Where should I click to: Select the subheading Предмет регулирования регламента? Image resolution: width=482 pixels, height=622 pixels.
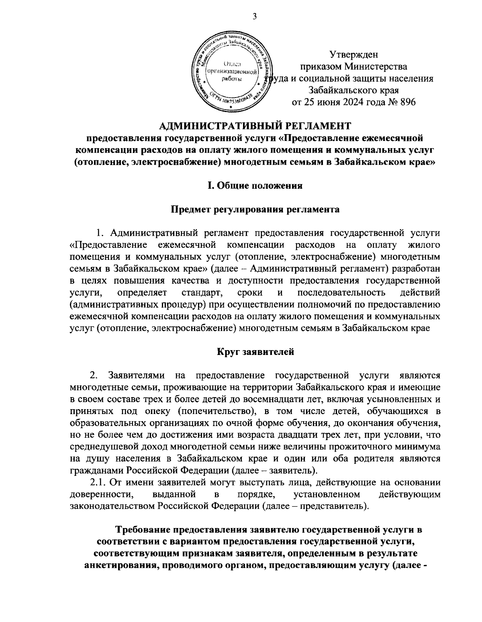tap(255, 209)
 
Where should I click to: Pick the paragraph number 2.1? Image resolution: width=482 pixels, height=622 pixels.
tap(98, 482)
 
